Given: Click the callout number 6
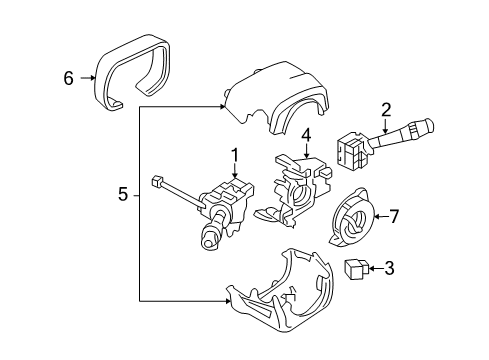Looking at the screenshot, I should click(x=69, y=77).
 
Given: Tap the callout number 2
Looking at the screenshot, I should click(x=386, y=109).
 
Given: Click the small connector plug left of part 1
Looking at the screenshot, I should click(x=157, y=182).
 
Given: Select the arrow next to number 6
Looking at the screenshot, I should click(x=87, y=77).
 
